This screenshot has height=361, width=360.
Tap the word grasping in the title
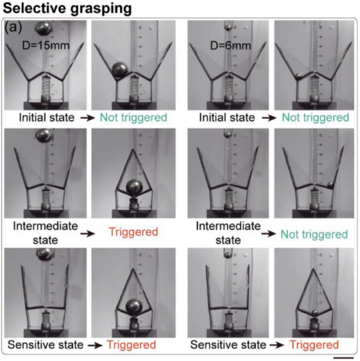point(101,9)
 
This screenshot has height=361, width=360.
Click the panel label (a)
point(12,27)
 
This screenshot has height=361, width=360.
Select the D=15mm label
point(46,45)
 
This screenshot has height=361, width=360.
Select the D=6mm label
point(230,45)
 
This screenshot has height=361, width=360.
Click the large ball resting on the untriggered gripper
point(120,70)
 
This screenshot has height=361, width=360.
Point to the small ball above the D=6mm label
point(228,27)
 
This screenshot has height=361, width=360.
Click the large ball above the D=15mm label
point(43,27)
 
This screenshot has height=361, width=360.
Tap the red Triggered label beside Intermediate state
point(134,231)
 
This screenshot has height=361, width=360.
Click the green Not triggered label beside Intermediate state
point(314,234)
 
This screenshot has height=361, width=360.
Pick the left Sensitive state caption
point(45,345)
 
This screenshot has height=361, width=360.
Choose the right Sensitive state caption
point(228,345)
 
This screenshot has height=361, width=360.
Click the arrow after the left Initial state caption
point(88,118)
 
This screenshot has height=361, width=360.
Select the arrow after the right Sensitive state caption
point(277,345)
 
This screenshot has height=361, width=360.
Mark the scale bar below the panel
point(344,358)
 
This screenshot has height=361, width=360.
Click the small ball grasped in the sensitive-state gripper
point(315,313)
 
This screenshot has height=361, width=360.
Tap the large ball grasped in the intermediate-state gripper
point(134,187)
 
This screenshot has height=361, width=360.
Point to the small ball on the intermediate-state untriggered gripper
point(330,185)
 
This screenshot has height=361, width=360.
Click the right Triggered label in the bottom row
point(314,345)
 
